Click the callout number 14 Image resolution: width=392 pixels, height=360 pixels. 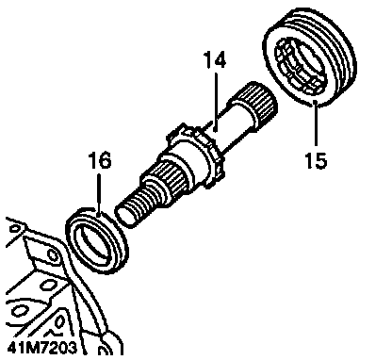(x=215, y=60)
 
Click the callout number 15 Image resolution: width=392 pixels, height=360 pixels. (x=316, y=159)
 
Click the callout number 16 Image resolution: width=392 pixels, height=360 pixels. (x=100, y=160)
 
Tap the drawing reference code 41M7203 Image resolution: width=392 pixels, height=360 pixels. (x=41, y=348)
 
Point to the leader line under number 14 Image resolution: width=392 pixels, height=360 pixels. (x=216, y=101)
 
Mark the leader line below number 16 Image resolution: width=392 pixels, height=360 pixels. (x=99, y=195)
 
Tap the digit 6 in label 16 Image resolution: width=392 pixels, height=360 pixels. (x=106, y=160)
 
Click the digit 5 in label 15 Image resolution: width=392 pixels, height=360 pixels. (x=321, y=159)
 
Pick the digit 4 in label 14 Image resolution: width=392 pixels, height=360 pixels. (x=220, y=60)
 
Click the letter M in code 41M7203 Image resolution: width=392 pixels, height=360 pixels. (x=27, y=348)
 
